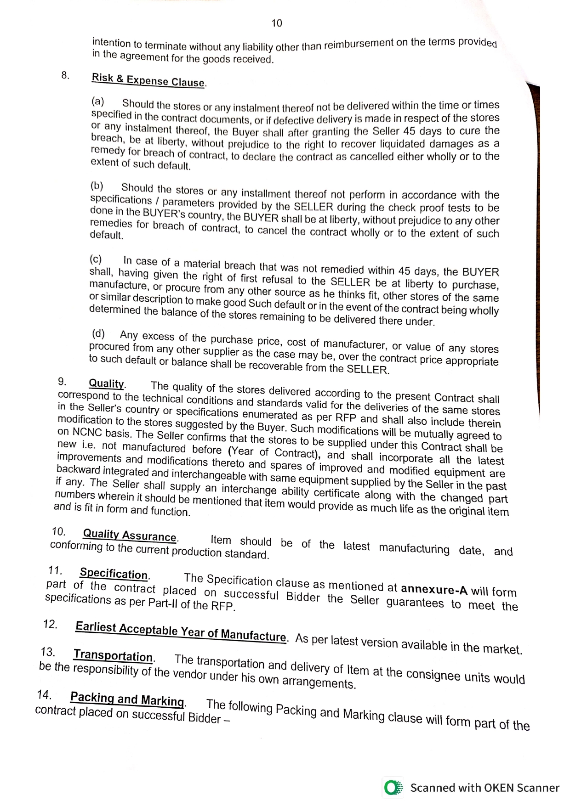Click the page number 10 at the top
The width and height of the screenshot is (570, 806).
tap(277, 23)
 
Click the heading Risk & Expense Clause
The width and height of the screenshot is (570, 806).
tap(148, 80)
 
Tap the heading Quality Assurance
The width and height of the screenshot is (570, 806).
tap(130, 535)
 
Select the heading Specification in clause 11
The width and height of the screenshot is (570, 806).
tap(114, 574)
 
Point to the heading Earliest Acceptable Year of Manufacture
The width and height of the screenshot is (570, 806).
tap(181, 631)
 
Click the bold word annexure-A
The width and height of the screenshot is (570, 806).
tap(434, 589)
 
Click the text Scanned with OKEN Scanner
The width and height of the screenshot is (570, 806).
tap(484, 788)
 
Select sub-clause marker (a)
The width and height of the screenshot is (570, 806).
tap(98, 101)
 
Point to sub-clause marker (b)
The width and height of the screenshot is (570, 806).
tap(97, 186)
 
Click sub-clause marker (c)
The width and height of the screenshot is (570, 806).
tap(96, 259)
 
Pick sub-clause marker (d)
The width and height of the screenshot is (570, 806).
tap(98, 333)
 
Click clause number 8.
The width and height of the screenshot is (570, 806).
tap(65, 75)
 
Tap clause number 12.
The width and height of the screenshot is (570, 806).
tap(50, 624)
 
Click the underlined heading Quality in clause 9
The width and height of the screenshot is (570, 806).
tap(106, 383)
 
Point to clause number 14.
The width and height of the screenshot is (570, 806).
tap(44, 694)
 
